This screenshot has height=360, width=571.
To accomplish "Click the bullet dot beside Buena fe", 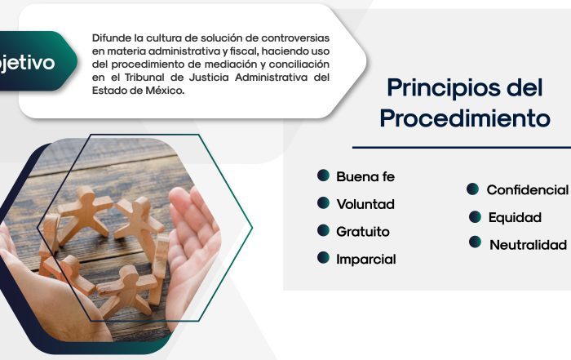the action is (323, 176).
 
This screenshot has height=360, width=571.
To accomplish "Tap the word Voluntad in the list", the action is (365, 204).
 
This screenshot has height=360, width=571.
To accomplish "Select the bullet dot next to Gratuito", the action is (323, 230).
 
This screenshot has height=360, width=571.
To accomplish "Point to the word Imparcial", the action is (366, 260).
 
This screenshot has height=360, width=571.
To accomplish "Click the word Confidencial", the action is (527, 190).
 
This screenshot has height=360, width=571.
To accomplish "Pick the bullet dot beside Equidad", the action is (475, 217).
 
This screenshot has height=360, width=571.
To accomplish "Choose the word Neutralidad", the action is (528, 245).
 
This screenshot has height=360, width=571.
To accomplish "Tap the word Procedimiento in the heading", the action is (465, 118).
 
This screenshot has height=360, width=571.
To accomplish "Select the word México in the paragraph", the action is (165, 91).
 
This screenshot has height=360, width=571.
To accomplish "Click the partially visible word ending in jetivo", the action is (27, 63).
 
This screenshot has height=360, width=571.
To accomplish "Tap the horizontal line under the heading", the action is (462, 148).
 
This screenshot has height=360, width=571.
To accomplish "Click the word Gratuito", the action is (363, 232).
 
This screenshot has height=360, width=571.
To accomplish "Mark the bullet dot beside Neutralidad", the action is (475, 242).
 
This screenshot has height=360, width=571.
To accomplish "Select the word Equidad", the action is (515, 217).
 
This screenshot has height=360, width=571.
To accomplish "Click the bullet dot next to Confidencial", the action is (472, 189).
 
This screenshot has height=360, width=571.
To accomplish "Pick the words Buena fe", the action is (365, 176).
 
